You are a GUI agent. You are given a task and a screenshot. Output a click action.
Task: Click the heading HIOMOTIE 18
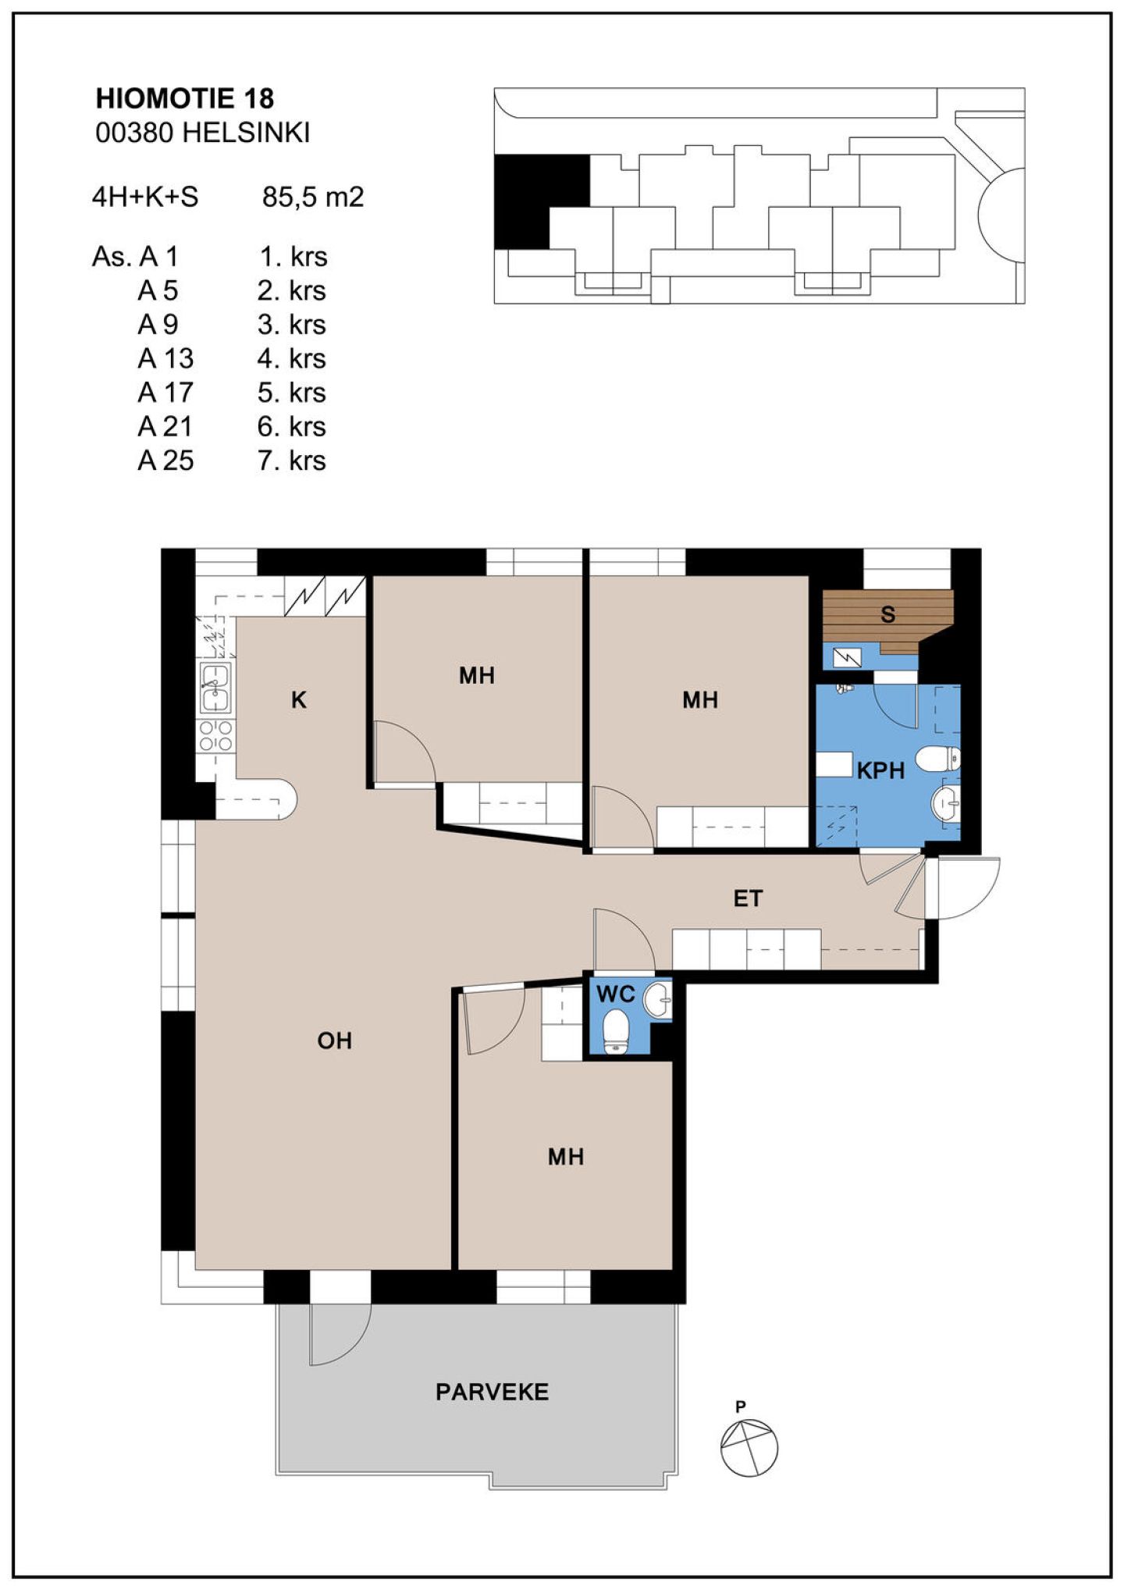point(185,98)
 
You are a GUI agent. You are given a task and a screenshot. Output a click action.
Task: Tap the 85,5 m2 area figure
point(313,197)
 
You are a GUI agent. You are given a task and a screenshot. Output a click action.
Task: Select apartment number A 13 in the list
point(165,358)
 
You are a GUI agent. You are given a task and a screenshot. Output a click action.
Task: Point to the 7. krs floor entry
point(292,461)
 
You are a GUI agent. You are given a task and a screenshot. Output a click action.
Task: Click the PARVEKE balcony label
point(492,1392)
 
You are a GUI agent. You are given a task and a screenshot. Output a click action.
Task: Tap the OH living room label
point(335,1040)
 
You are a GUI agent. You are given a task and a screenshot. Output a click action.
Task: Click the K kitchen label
point(298,700)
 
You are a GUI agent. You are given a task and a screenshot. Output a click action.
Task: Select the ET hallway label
point(747,898)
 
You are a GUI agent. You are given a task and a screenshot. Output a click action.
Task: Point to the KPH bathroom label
point(880,771)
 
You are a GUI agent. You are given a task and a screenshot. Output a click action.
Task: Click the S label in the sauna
point(887,614)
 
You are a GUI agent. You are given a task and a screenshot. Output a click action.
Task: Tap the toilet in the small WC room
point(617,1031)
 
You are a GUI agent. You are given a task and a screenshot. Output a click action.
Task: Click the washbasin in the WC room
point(658,1000)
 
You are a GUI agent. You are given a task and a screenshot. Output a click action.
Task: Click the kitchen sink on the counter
point(215,688)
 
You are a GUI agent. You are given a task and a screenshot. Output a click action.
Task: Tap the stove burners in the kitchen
point(216,736)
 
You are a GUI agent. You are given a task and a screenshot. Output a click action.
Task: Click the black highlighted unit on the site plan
point(541,201)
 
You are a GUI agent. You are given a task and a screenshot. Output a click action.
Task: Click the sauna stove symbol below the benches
point(847,657)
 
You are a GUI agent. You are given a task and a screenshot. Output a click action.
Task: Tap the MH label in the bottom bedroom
point(565,1157)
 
